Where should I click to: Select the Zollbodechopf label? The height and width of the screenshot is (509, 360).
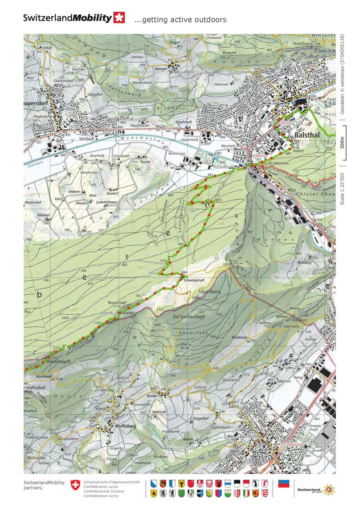coord(188,317)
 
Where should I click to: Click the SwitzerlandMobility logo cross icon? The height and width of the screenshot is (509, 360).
coord(119,18)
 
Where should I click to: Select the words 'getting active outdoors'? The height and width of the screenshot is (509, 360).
coord(184,20)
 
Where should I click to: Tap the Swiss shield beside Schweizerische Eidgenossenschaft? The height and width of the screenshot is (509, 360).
coord(75,486)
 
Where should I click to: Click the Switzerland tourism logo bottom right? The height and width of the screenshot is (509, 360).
coord(316,489)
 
